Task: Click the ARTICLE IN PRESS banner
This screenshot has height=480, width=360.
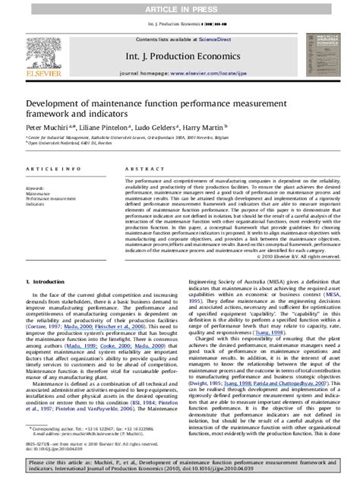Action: [x=179, y=7]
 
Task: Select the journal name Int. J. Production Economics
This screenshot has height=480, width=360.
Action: [x=179, y=55]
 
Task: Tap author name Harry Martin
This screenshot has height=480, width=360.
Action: [x=201, y=129]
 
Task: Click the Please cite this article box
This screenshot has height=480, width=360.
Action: [x=179, y=465]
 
